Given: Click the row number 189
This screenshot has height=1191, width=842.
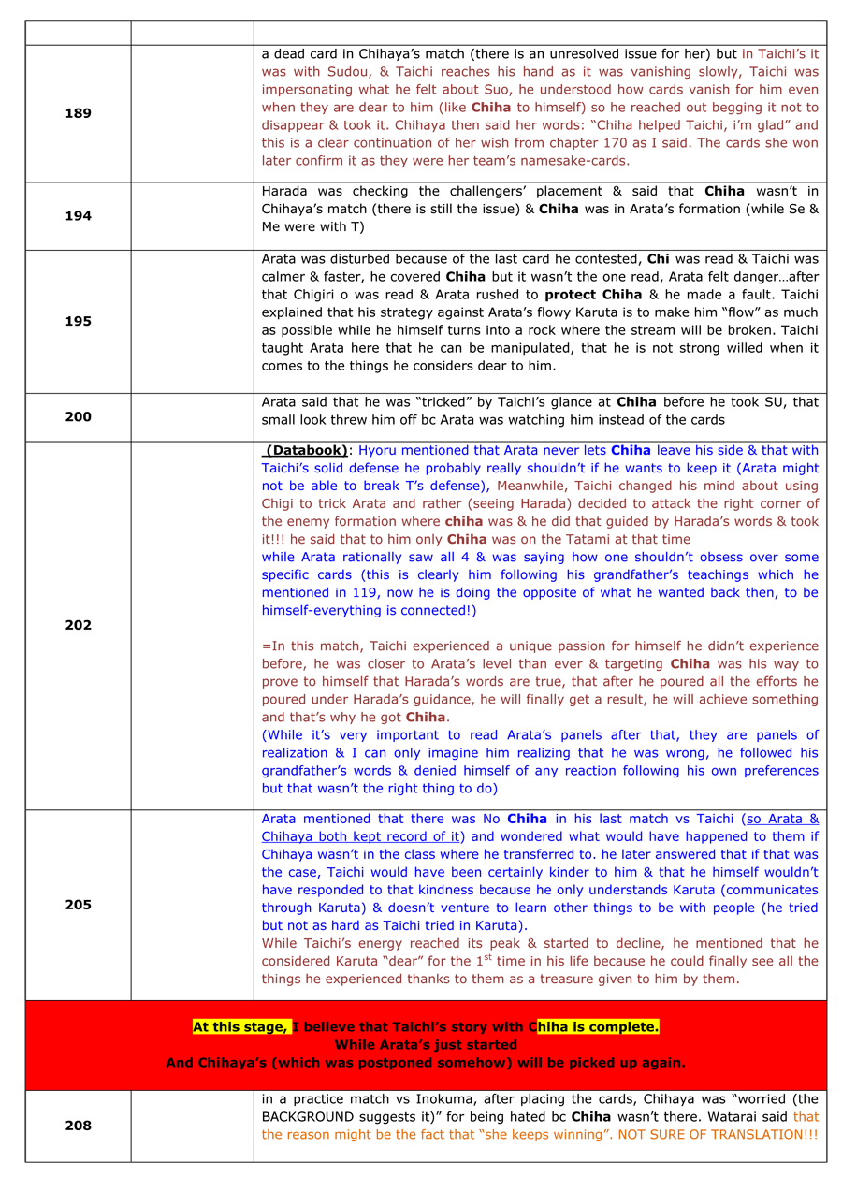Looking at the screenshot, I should (78, 113).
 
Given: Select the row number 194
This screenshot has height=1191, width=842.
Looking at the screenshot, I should (78, 216).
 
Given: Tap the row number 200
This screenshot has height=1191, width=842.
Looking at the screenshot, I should (78, 417).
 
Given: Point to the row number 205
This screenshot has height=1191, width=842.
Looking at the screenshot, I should (78, 905).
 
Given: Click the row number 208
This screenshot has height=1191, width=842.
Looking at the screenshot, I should (78, 1126).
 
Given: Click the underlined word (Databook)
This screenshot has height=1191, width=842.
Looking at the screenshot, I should (307, 450).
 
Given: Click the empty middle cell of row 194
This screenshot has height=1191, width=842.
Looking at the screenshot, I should (192, 216).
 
